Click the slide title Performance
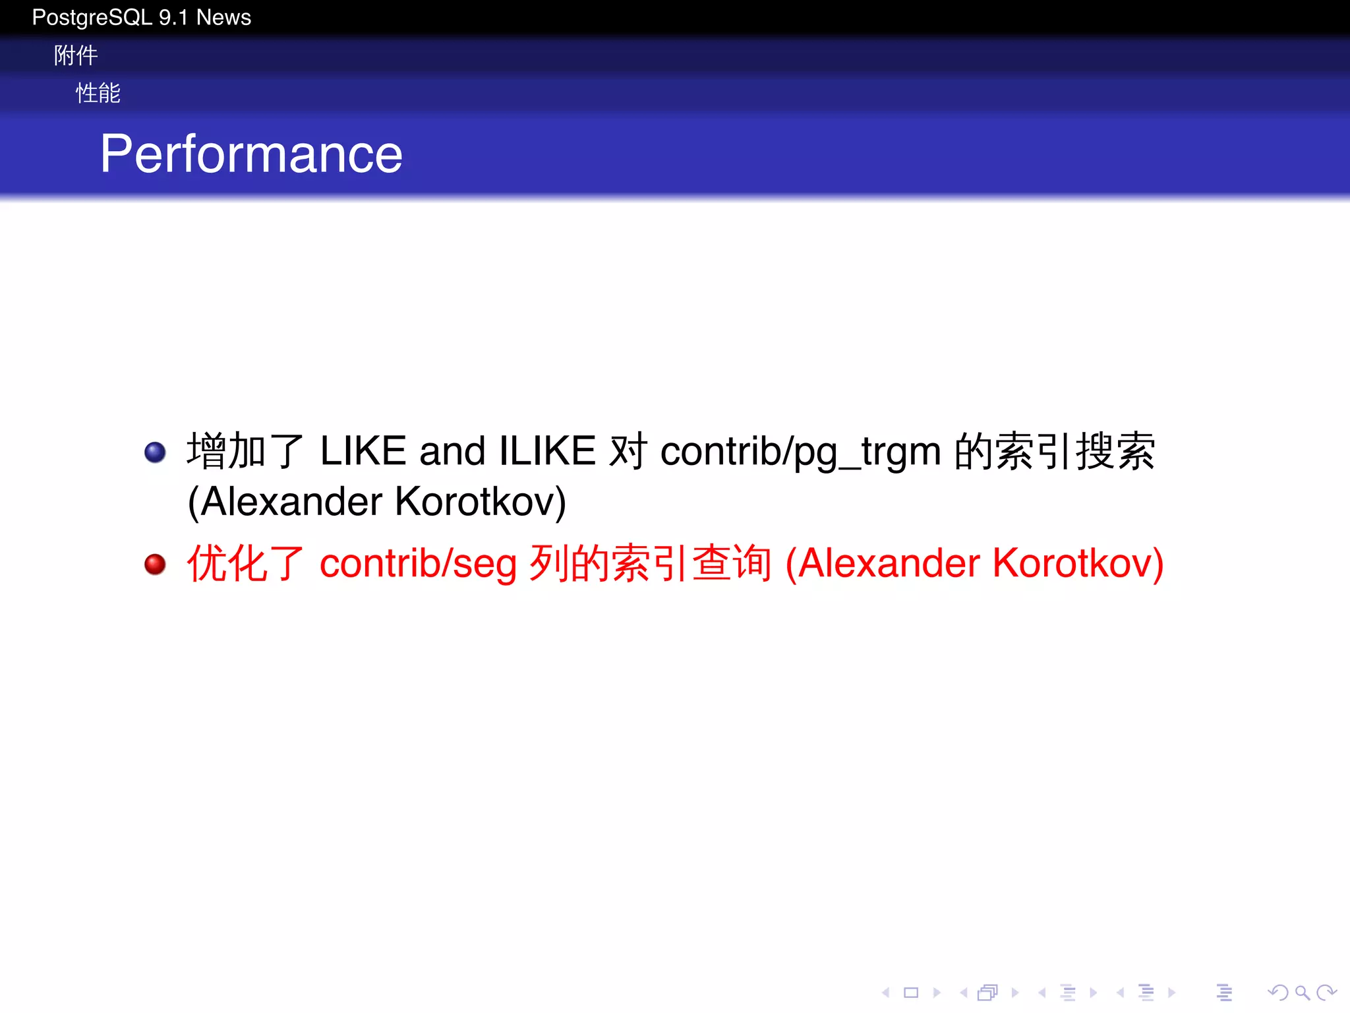[x=251, y=154]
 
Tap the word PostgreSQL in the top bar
[x=92, y=17]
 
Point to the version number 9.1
[x=173, y=17]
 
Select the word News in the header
[x=223, y=17]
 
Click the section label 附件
[x=76, y=55]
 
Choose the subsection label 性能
[x=98, y=93]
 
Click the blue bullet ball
[x=155, y=452]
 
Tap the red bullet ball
[x=155, y=564]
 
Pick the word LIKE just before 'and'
[x=363, y=452]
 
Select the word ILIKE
[x=547, y=452]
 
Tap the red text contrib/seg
[x=418, y=565]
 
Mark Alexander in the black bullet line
[x=291, y=502]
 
